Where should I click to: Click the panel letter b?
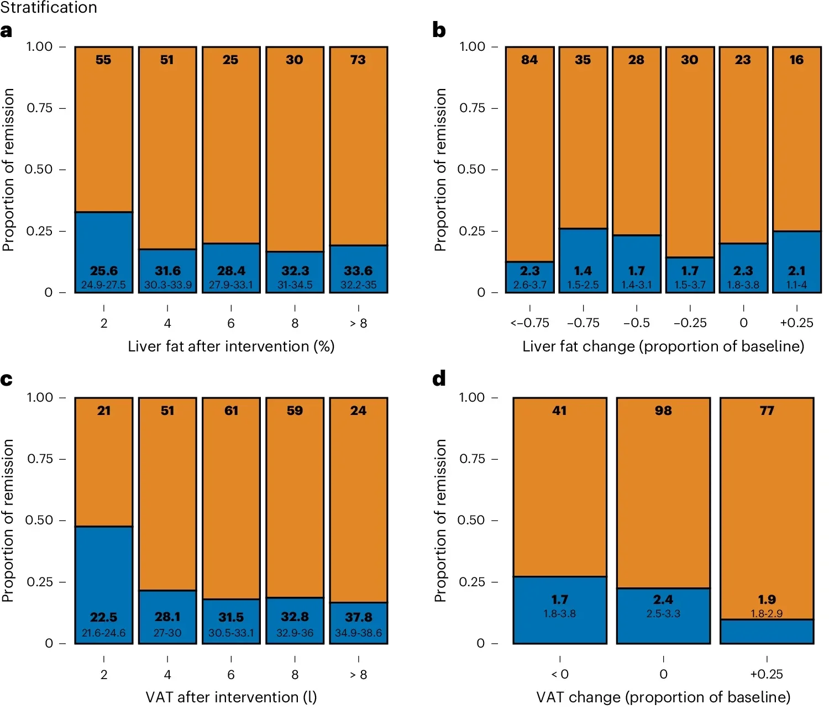(x=439, y=30)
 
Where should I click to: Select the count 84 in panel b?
(x=529, y=60)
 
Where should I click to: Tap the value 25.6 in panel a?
(x=103, y=271)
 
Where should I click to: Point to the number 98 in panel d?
(x=663, y=411)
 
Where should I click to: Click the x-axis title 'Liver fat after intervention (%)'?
(x=231, y=346)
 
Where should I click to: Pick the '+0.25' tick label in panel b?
(x=796, y=323)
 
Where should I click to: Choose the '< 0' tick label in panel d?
(x=560, y=674)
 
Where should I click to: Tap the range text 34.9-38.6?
(x=358, y=633)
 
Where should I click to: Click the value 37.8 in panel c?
(x=358, y=617)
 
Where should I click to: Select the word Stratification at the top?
(x=49, y=8)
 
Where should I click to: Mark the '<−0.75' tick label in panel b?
(x=529, y=323)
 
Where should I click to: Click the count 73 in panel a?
(x=358, y=60)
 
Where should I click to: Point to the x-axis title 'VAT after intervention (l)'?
(x=231, y=697)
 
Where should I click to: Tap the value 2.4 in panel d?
(x=663, y=600)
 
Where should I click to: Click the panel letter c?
(x=7, y=380)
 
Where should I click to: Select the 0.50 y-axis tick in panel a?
(x=38, y=170)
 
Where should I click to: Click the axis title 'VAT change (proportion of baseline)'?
(x=663, y=697)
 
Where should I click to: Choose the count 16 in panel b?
(x=796, y=60)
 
